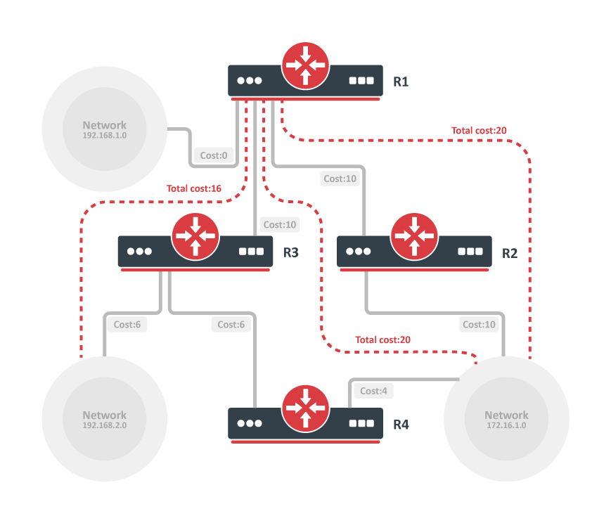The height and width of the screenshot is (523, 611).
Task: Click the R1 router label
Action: pos(401,82)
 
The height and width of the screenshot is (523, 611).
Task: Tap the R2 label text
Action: pos(510,252)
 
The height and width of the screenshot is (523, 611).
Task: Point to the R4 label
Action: pos(401,425)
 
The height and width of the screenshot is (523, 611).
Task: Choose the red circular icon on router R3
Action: pos(195,235)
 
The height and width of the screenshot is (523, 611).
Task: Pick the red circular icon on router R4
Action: pos(305,408)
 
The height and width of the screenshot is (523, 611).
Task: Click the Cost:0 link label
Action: pos(214,155)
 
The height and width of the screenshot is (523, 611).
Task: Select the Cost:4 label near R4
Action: pos(373,391)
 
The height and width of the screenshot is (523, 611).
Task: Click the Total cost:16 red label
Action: pos(194,188)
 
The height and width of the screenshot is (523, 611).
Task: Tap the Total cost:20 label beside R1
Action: pos(479,130)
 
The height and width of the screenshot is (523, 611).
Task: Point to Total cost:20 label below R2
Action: pos(382,340)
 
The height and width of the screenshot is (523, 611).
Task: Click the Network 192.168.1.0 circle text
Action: pos(105,129)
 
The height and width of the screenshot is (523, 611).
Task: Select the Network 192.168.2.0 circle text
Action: pos(105,420)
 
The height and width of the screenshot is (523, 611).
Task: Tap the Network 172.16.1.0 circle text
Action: pos(506,420)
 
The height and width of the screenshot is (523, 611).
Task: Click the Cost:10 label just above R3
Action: pos(280,225)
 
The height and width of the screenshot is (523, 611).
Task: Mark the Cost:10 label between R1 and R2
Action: pos(340,179)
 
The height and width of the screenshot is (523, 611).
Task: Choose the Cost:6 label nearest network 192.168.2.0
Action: pos(127,324)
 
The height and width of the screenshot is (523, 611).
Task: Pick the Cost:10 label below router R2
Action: pos(479,324)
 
